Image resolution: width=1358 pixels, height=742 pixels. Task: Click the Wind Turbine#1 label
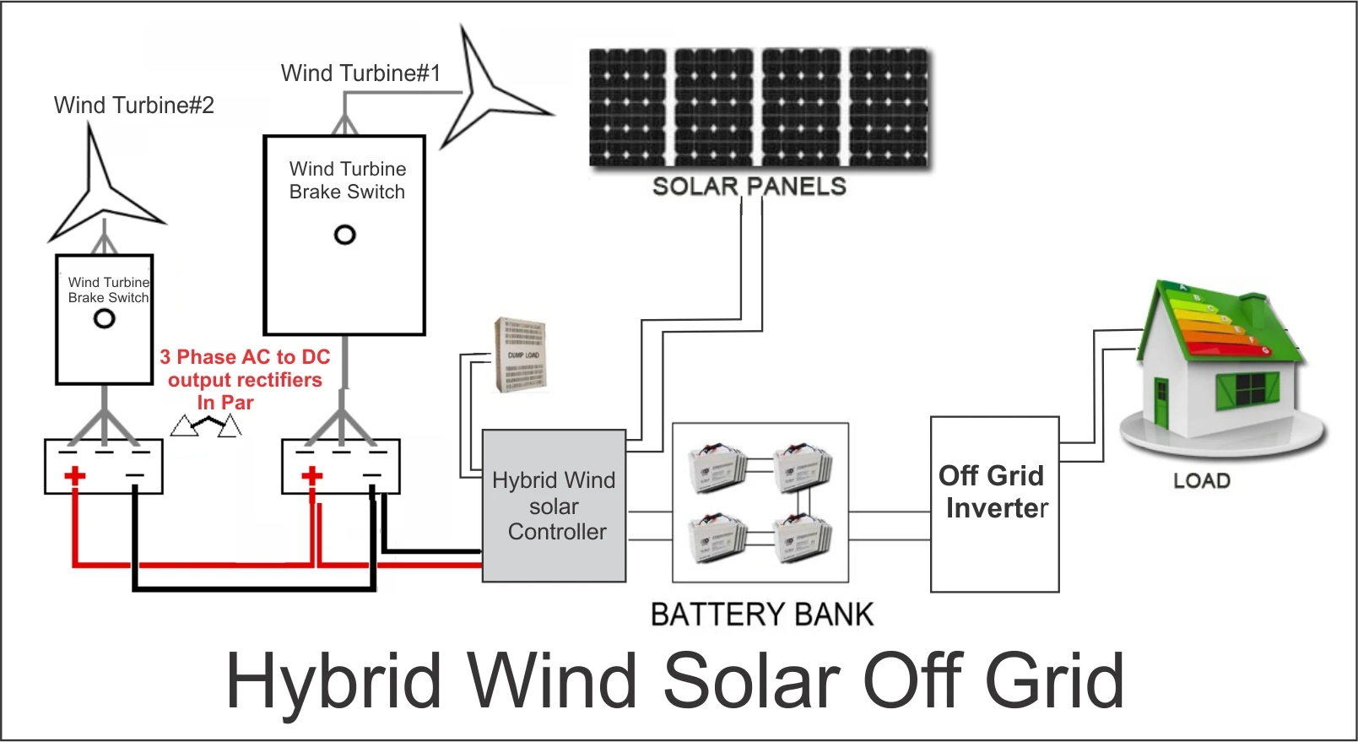click(x=360, y=73)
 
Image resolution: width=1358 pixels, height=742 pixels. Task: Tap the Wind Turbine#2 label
click(x=133, y=106)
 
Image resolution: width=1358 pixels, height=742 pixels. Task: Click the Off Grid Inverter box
click(x=994, y=504)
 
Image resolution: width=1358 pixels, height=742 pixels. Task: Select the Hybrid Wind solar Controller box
click(x=554, y=506)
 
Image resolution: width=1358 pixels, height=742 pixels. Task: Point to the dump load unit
click(x=521, y=355)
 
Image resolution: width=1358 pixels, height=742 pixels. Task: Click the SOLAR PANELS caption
click(x=749, y=187)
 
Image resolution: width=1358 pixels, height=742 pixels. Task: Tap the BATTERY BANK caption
click(x=761, y=615)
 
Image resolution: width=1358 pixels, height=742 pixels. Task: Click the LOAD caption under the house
click(x=1201, y=481)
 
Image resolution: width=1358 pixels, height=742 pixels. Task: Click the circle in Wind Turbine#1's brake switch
click(x=344, y=235)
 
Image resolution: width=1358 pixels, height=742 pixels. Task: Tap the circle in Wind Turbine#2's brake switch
click(x=105, y=319)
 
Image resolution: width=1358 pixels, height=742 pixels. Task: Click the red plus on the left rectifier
click(x=75, y=476)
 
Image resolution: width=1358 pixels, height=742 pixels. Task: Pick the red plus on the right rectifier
click(x=312, y=476)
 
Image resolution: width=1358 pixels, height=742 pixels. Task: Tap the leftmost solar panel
click(x=627, y=106)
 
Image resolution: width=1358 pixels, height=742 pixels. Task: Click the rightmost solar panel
click(x=888, y=106)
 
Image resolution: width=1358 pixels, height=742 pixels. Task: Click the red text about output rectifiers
click(x=244, y=380)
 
